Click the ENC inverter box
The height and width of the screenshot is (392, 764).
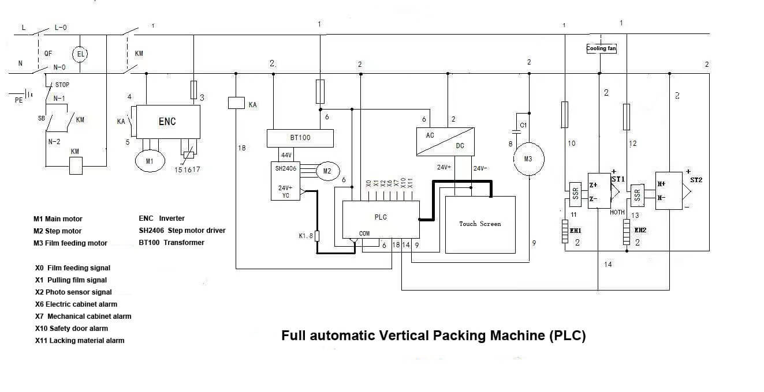167,122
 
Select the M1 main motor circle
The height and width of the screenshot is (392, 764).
150,161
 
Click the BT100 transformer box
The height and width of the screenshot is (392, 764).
300,138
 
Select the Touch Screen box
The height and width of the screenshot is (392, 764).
480,224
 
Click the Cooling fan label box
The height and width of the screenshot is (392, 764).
601,48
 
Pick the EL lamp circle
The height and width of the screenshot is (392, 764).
80,54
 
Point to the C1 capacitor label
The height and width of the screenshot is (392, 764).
524,125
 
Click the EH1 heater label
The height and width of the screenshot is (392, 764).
575,231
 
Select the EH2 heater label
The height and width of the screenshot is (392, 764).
640,230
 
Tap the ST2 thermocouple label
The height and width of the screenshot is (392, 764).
696,180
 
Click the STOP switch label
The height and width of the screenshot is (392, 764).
62,85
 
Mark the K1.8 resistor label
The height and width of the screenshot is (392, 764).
305,235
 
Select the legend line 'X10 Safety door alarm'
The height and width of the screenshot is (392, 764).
72,329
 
